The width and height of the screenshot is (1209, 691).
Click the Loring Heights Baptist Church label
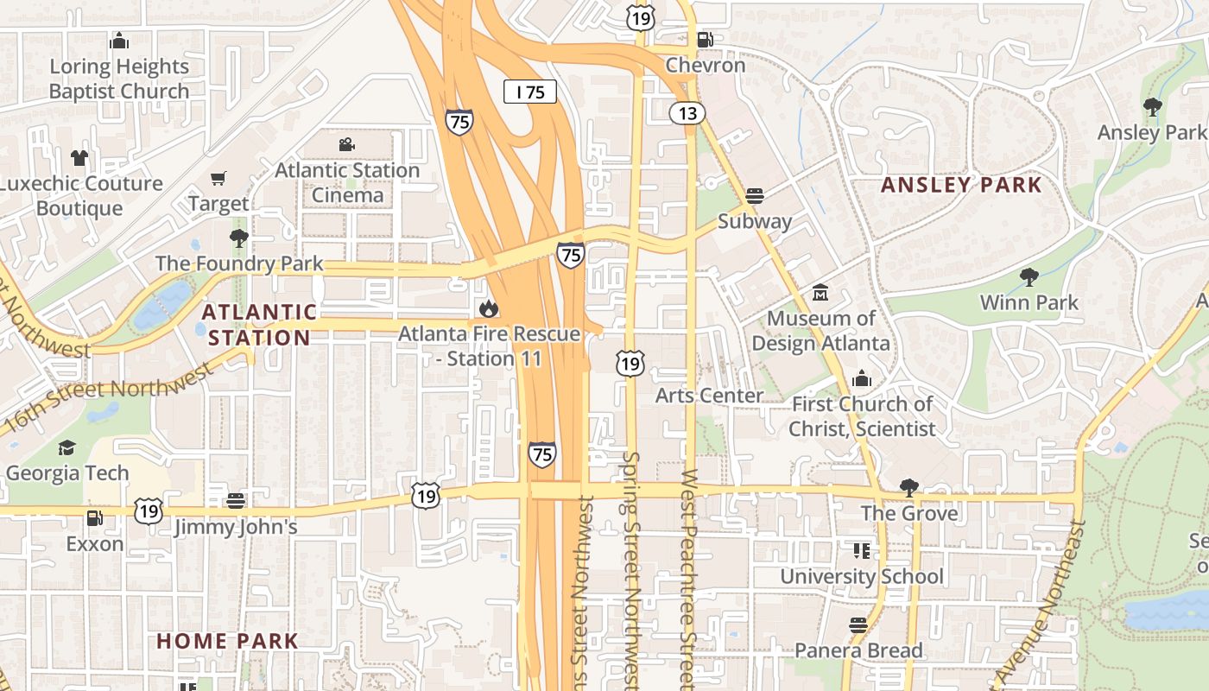(119, 79)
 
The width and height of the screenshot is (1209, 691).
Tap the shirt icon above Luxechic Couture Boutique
(79, 157)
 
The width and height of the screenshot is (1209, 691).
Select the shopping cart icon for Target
(218, 178)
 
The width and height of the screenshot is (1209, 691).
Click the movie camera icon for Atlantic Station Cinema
(347, 144)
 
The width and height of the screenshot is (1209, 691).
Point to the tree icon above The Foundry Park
(239, 238)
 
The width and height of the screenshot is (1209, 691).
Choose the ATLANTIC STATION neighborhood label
(259, 325)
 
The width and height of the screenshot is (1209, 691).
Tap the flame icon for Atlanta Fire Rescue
(489, 307)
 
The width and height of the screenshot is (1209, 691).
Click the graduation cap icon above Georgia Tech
(66, 447)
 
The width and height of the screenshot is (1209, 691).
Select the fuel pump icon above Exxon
(94, 518)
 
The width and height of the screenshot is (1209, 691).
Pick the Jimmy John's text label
(236, 527)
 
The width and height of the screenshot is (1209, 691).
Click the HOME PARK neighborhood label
(227, 641)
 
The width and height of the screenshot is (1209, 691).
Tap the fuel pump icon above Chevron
(705, 39)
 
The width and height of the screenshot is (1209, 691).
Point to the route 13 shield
(687, 112)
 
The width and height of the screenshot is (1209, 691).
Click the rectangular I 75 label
(530, 92)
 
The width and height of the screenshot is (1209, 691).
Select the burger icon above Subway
(755, 195)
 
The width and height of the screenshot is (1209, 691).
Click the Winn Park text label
(1029, 302)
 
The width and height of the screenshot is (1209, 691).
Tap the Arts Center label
(709, 396)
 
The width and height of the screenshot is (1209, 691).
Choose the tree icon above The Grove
(908, 487)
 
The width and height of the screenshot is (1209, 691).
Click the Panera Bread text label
(858, 650)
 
